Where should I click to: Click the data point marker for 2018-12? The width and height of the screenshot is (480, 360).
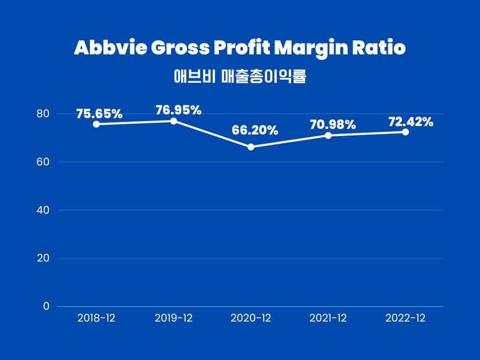pos(96,124)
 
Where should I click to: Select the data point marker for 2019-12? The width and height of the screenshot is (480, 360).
pos(173,121)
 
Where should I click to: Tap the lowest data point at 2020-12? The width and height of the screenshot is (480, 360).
pos(251,147)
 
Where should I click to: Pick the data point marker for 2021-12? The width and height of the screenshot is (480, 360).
pos(328,135)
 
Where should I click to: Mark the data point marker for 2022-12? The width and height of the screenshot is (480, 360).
pos(405,132)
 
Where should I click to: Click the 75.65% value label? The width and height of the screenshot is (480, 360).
pos(99,114)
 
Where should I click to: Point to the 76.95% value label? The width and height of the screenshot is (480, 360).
pos(178,110)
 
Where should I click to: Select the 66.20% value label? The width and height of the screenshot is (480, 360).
pos(255,130)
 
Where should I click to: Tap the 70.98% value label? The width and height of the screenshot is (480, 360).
pos(333,125)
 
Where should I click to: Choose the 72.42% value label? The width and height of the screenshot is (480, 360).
pos(411,122)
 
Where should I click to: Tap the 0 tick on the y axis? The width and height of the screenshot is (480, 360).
pos(46,306)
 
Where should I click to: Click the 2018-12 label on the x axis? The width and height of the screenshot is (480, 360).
pos(96,318)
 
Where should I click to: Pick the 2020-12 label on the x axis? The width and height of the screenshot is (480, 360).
pos(251,318)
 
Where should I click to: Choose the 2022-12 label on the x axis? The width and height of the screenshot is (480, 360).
pos(405,318)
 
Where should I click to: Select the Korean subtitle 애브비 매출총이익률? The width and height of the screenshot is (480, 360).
pos(240,76)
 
